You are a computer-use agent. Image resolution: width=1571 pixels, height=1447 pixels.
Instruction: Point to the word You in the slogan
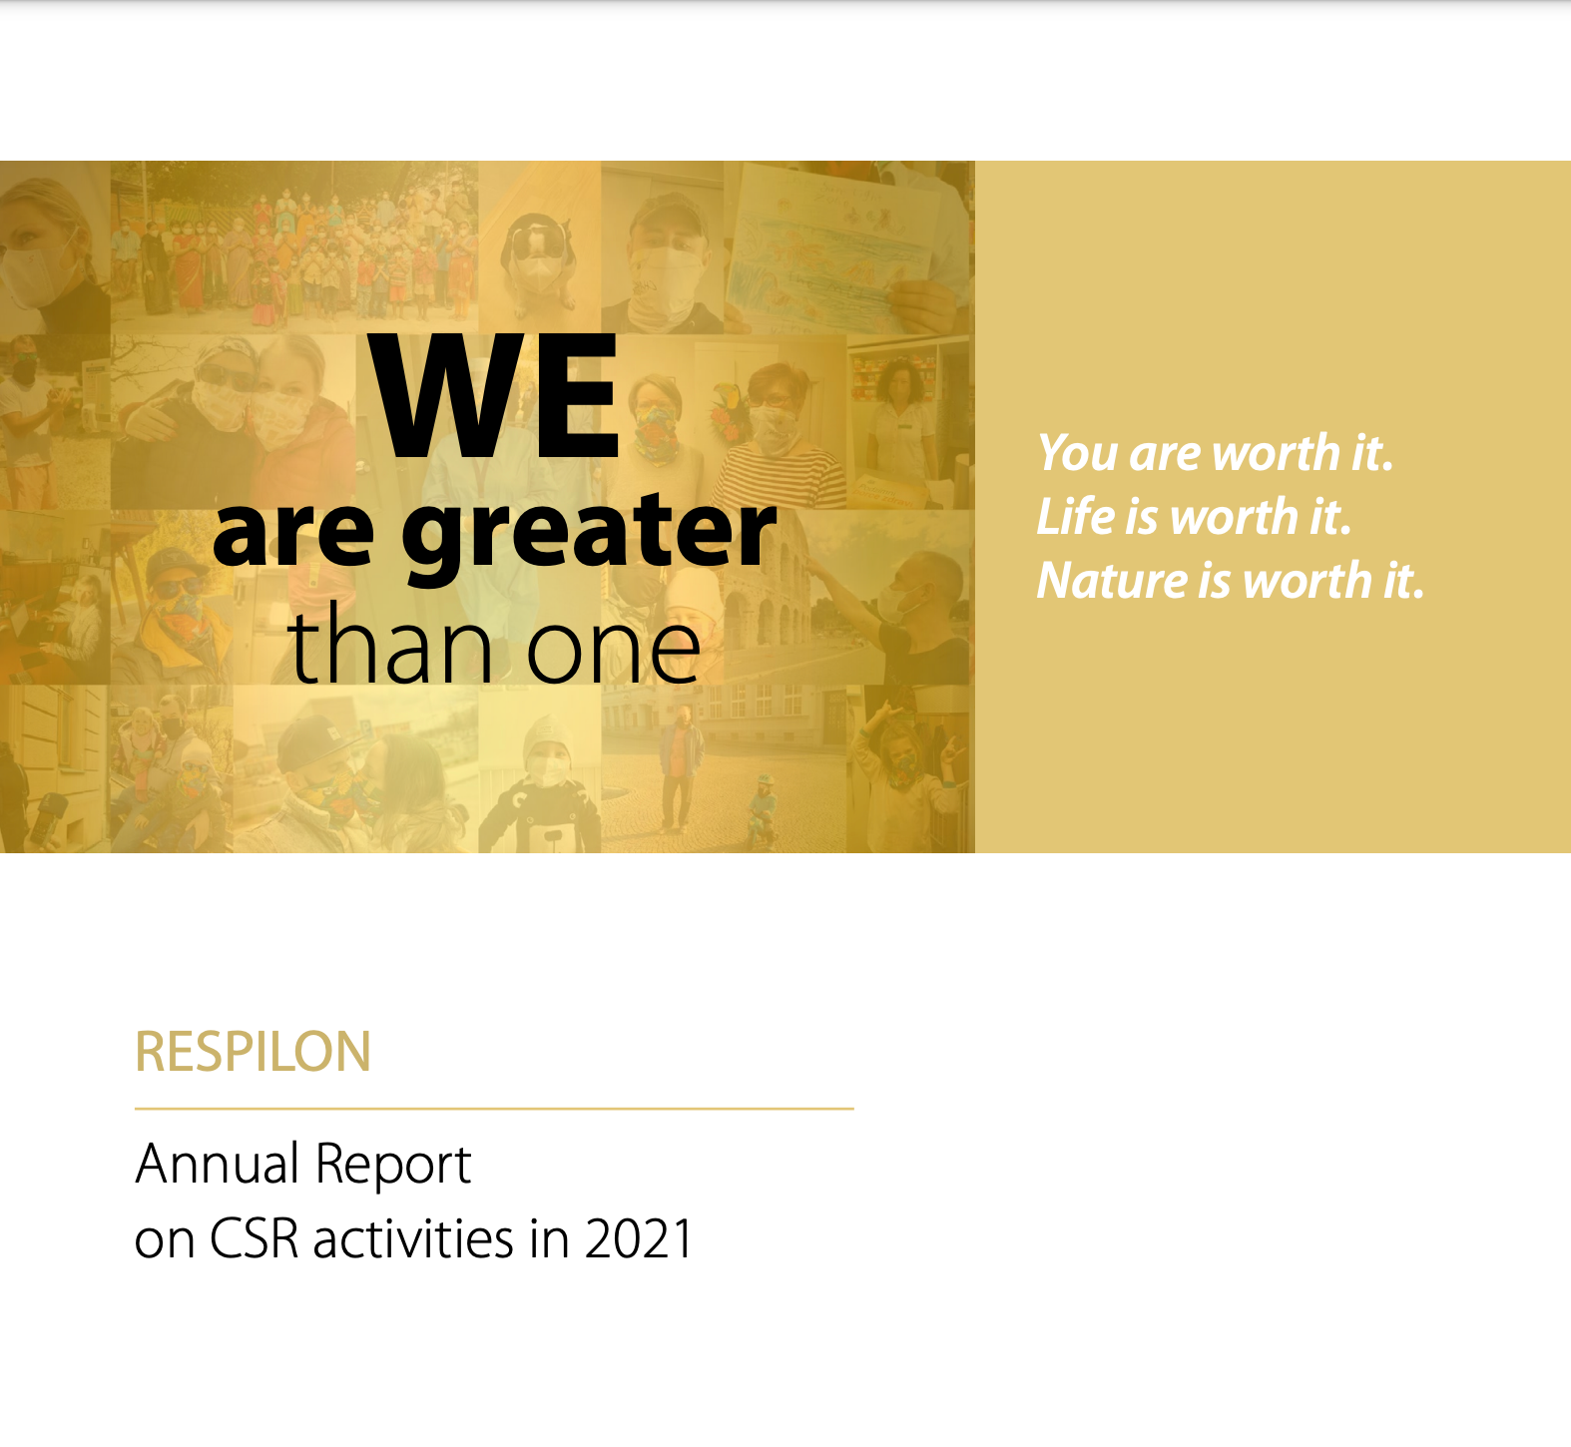coord(1077,453)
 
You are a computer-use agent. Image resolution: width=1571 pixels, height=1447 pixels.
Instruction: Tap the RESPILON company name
coord(253,1052)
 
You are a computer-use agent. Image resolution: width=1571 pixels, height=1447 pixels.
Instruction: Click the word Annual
coord(218,1164)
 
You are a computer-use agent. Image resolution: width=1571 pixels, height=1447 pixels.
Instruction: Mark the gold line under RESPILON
coord(494,1108)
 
